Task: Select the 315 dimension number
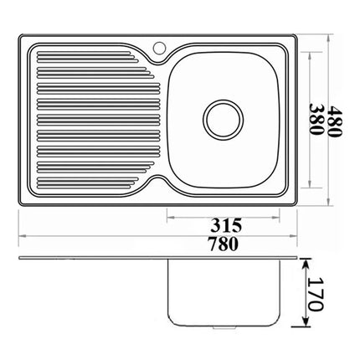pyautogui.click(x=226, y=225)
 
